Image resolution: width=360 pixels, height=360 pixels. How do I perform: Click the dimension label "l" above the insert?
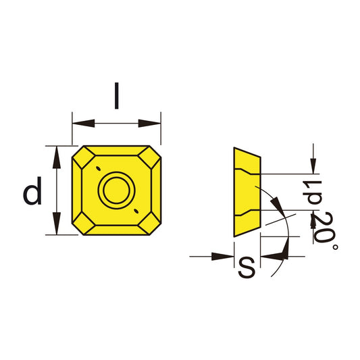click(x=116, y=97)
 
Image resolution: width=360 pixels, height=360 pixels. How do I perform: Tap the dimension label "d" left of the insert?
click(x=32, y=193)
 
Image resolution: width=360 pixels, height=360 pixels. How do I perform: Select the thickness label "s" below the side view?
click(x=247, y=268)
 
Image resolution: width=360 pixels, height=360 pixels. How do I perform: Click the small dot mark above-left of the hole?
click(x=98, y=168)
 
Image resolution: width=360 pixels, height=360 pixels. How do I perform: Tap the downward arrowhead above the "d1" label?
click(x=313, y=165)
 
